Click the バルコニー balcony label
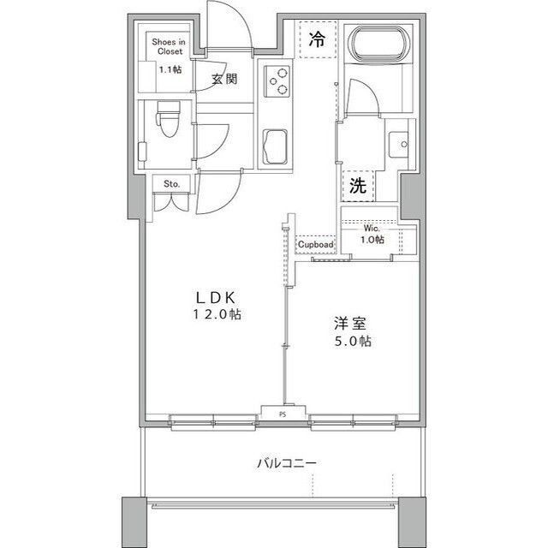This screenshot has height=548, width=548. click(x=287, y=463)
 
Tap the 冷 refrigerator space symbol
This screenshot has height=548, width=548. click(x=317, y=39)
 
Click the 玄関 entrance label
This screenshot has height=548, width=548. click(x=224, y=80)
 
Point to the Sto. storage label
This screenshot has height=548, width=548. click(x=171, y=183)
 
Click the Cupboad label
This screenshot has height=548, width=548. click(x=315, y=245)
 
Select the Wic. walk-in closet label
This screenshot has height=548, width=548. click(x=372, y=229)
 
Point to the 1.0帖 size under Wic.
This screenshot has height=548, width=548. click(x=372, y=240)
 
